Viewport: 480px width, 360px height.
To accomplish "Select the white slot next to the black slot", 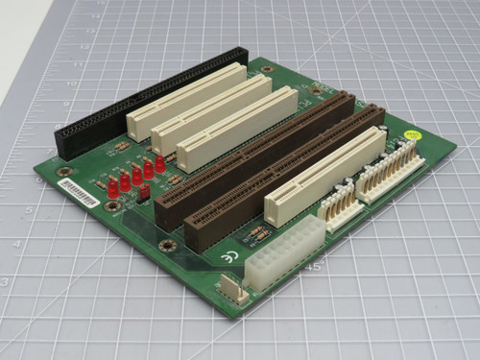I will [x=186, y=97].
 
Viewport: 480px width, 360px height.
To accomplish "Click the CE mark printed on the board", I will [x=228, y=256].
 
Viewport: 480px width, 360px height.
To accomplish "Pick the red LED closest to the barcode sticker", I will [x=113, y=188].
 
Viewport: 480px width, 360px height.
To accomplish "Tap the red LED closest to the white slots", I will [x=159, y=163].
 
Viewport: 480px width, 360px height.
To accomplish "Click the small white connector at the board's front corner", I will [x=232, y=289].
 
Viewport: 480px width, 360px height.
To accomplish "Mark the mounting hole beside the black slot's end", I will [x=64, y=172].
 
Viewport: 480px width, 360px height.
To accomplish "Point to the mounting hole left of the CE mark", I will [x=169, y=246].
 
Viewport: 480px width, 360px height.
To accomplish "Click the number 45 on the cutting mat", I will [x=312, y=267].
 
